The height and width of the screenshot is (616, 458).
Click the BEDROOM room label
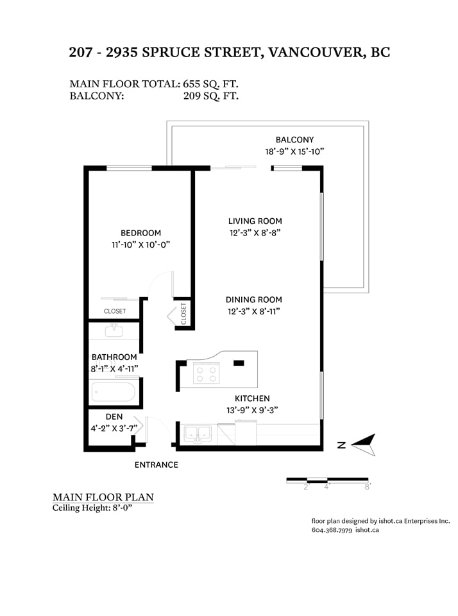tap(140, 233)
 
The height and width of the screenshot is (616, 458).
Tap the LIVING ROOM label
tap(255, 221)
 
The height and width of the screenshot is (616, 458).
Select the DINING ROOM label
tap(254, 300)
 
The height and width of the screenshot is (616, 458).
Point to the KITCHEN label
tap(252, 398)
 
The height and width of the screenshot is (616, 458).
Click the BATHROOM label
tap(114, 357)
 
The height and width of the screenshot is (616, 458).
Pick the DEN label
tap(114, 417)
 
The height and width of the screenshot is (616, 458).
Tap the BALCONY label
tap(294, 140)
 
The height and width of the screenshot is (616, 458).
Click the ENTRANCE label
tap(157, 465)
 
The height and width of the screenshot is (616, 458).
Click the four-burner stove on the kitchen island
tap(206, 374)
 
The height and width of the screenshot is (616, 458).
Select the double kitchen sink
tap(198, 434)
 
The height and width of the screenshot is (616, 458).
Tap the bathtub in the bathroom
tap(114, 391)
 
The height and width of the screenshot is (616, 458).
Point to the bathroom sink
tap(114, 330)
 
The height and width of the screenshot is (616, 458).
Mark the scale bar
tap(327, 480)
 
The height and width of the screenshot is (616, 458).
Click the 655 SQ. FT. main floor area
tap(210, 84)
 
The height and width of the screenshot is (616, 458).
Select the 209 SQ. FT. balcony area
tap(210, 96)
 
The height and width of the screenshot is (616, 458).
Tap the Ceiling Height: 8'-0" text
tap(92, 508)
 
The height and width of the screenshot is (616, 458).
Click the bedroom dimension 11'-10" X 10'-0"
tap(140, 244)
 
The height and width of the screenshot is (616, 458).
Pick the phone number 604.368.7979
tap(332, 530)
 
